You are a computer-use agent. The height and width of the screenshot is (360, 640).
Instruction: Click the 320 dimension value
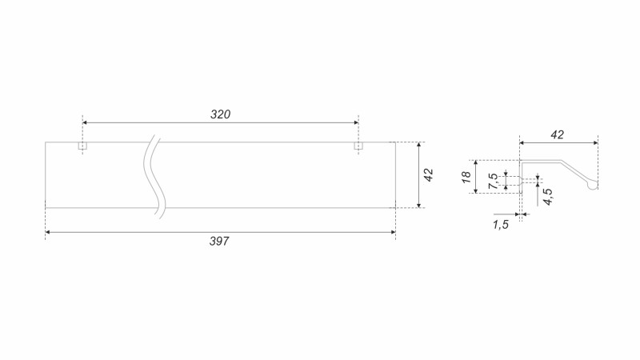(221, 114)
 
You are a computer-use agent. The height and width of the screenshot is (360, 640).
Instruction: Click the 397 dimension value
(219, 242)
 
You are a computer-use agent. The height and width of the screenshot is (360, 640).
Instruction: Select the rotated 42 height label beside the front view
(428, 175)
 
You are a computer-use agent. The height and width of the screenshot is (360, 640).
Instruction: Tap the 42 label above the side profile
(557, 134)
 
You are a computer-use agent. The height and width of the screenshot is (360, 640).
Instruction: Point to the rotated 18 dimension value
(466, 177)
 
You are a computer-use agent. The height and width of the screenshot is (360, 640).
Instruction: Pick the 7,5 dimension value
(493, 181)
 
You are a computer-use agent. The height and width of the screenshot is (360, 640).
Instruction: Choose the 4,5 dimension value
(548, 196)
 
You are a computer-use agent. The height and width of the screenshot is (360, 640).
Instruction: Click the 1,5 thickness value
(501, 225)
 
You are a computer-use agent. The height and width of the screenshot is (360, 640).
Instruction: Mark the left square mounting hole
(83, 146)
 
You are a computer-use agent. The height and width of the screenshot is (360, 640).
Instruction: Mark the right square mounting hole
(358, 146)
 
